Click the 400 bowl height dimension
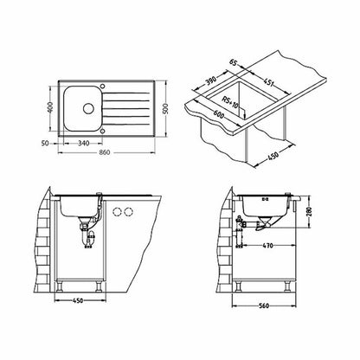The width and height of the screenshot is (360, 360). click(x=51, y=107)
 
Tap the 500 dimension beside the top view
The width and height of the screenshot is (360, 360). click(x=165, y=108)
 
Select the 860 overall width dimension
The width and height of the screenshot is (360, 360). click(x=105, y=152)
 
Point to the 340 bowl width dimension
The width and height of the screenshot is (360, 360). click(x=83, y=143)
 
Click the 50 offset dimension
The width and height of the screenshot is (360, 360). click(x=45, y=143)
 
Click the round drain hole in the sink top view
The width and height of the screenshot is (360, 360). click(x=88, y=108)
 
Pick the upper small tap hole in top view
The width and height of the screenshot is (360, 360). click(x=102, y=86)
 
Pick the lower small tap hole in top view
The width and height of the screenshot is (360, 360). click(x=102, y=132)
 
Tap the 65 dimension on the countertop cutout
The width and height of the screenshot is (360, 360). click(x=233, y=62)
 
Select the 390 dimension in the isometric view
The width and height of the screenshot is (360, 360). click(x=211, y=82)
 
